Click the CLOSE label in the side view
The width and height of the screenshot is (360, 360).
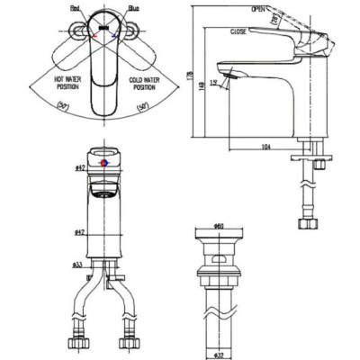pos(238,31)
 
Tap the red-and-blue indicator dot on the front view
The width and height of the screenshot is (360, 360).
pos(107,164)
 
